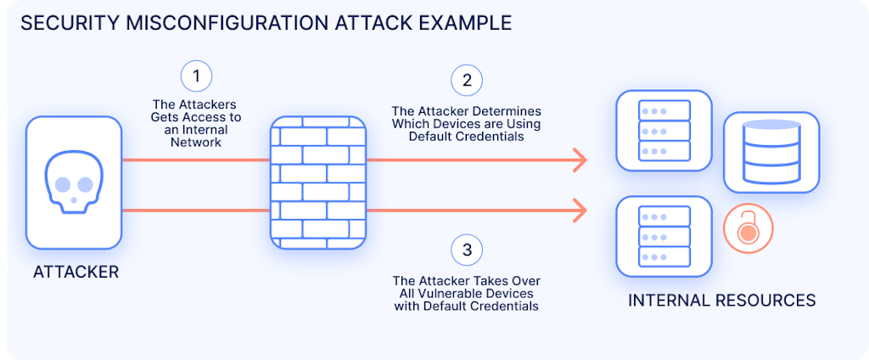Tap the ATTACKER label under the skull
[x=76, y=273]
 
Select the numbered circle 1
[x=196, y=76]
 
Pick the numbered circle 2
[x=466, y=81]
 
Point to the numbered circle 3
[x=466, y=250]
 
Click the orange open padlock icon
[x=746, y=229]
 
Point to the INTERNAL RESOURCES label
[x=721, y=301]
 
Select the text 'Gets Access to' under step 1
[x=196, y=118]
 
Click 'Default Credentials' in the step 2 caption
[x=466, y=138]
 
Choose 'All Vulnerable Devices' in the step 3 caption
[x=466, y=293]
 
